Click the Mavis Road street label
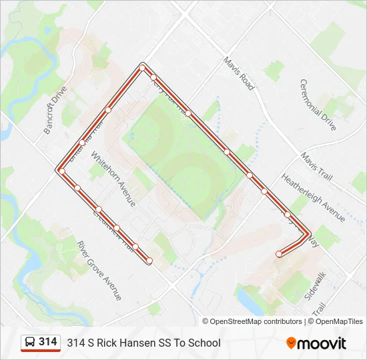click(238, 73)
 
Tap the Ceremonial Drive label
click(318, 105)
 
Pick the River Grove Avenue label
click(99, 270)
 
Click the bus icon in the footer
click(30, 343)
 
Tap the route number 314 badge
click(47, 342)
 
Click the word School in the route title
click(205, 343)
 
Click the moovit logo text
click(322, 343)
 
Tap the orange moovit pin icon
click(291, 343)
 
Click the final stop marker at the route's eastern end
click(279, 254)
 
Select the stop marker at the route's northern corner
click(142, 67)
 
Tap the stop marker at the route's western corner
click(61, 171)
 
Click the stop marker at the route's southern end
click(149, 260)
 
